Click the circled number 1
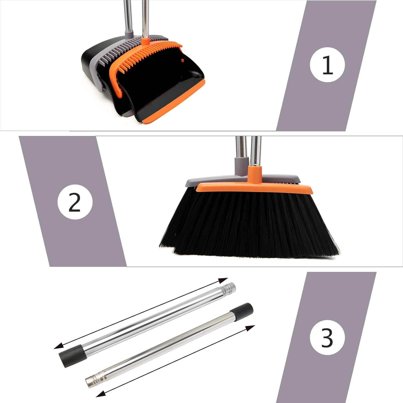click(327, 65)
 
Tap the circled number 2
click(75, 202)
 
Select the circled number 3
click(327, 337)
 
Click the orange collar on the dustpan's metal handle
click(145, 41)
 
